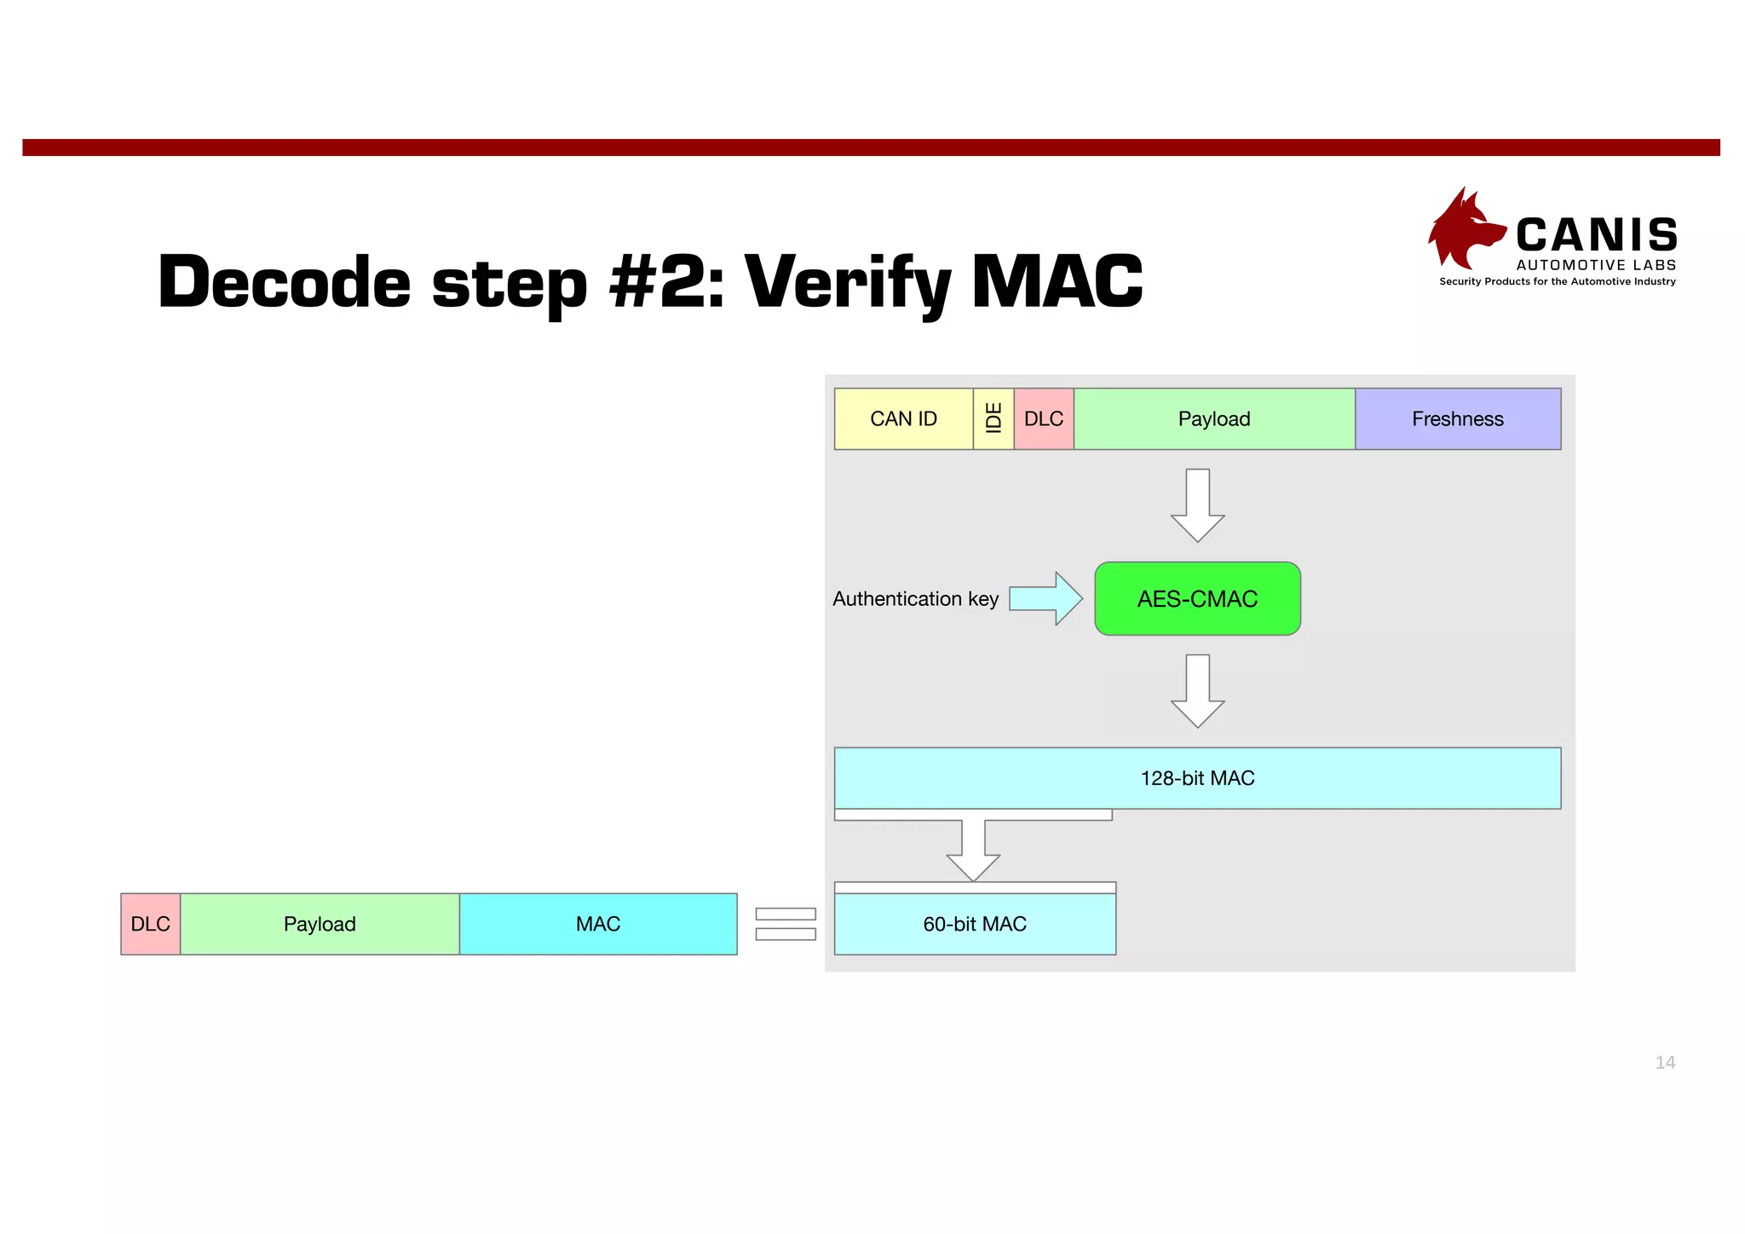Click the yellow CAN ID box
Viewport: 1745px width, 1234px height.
click(903, 418)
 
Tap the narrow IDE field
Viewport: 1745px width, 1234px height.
click(993, 418)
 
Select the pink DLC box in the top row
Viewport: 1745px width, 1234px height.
click(1044, 418)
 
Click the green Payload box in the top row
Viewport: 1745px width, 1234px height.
click(1214, 418)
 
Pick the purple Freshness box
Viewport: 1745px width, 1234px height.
click(1458, 418)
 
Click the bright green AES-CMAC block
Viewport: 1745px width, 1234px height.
click(1197, 598)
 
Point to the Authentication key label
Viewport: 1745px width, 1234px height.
click(915, 598)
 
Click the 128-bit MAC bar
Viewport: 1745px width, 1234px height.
click(1197, 777)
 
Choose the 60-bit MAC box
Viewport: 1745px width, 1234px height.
click(975, 923)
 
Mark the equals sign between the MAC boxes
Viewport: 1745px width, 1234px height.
click(786, 924)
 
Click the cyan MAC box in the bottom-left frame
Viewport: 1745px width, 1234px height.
click(598, 924)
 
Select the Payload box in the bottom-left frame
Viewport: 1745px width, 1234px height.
click(320, 924)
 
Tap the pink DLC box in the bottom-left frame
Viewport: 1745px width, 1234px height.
click(151, 924)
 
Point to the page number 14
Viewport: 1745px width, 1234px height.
click(1665, 1062)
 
